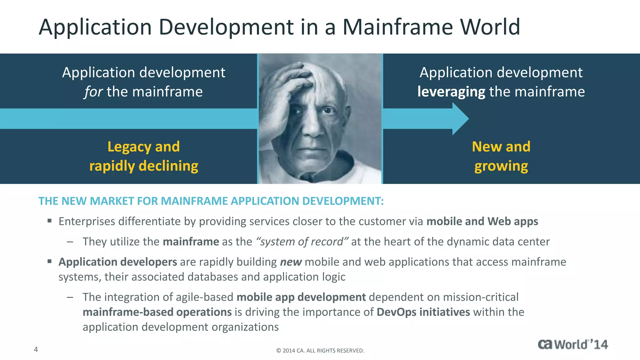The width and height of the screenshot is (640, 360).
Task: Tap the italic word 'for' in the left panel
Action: (93, 92)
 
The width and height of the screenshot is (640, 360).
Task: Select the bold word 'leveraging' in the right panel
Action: (451, 92)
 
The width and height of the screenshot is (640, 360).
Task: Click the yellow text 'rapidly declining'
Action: (144, 166)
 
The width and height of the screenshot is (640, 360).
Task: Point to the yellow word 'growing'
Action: (501, 166)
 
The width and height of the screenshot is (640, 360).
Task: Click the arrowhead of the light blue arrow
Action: (461, 119)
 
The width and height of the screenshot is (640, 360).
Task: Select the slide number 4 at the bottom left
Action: (36, 349)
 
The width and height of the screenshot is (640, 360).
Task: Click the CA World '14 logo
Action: (573, 344)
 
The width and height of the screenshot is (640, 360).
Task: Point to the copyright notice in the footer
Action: (320, 351)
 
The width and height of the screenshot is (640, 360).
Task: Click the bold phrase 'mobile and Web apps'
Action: (482, 221)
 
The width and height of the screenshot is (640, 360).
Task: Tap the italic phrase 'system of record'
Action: (302, 242)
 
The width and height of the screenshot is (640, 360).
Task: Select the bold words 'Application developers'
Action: (118, 262)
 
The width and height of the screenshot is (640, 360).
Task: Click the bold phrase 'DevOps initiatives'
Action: (423, 312)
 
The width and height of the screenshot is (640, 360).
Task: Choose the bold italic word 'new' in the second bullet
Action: (291, 262)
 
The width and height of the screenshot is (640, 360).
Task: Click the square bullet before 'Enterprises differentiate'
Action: (49, 221)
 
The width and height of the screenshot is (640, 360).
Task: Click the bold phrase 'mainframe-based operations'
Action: (157, 312)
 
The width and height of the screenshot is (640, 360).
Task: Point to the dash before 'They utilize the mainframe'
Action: (70, 242)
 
